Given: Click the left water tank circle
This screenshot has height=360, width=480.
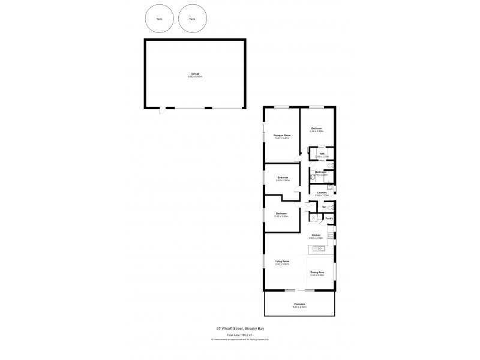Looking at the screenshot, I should point(158,19).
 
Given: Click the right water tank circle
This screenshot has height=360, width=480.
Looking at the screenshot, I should point(192,19).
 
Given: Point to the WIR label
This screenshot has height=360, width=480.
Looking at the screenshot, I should point(322,154).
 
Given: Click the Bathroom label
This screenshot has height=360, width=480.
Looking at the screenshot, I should point(321,172).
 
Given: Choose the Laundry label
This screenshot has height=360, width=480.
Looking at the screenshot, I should point(322,193).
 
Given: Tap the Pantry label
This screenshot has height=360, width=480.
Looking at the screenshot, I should point(329,218).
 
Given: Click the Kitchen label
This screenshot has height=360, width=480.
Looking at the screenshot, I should point(316,235).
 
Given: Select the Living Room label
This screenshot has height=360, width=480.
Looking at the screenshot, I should point(282,261).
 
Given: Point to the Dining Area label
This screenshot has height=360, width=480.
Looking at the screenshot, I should point(317,273).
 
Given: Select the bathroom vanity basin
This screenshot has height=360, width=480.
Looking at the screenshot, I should point(313,178).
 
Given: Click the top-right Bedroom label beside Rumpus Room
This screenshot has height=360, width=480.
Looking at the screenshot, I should point(317,128).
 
